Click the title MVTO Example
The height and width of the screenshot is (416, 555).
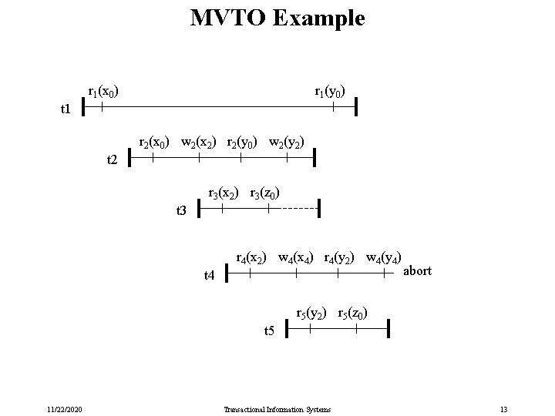coord(277,18)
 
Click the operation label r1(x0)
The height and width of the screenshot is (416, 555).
coord(103,92)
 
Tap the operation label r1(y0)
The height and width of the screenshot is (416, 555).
coord(330,92)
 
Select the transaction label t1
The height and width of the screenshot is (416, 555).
coord(66,110)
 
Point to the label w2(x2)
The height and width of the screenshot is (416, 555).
coord(199,143)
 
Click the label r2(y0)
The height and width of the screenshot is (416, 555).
coord(243,143)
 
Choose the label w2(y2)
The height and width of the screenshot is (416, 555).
coord(287,143)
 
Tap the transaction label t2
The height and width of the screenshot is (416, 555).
coord(112,160)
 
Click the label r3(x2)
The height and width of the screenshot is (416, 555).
coord(224,193)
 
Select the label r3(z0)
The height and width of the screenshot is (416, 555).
coord(265,193)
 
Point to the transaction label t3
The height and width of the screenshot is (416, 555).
coord(182,210)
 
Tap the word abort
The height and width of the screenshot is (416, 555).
coord(417,271)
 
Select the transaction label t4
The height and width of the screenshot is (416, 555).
coord(209,275)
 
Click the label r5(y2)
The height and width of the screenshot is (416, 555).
coord(312,314)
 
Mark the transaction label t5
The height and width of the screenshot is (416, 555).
coord(269,331)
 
